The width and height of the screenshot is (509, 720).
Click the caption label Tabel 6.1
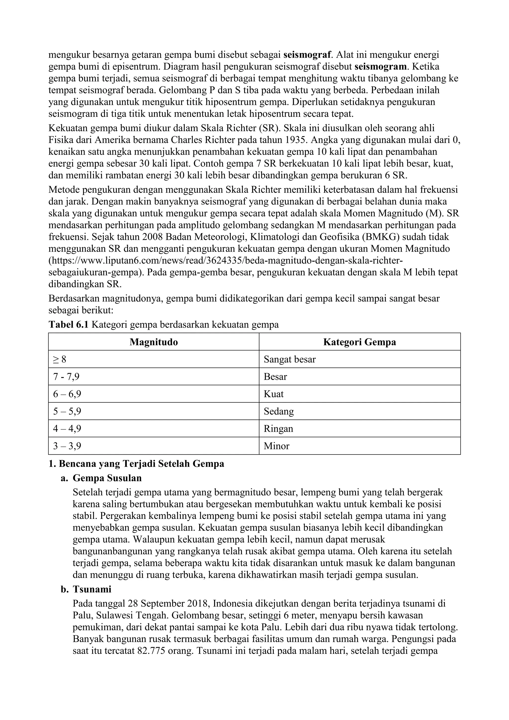(x=69, y=325)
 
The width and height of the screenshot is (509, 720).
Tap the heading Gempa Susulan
(x=107, y=478)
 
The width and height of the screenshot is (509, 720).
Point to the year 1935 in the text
(x=297, y=140)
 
